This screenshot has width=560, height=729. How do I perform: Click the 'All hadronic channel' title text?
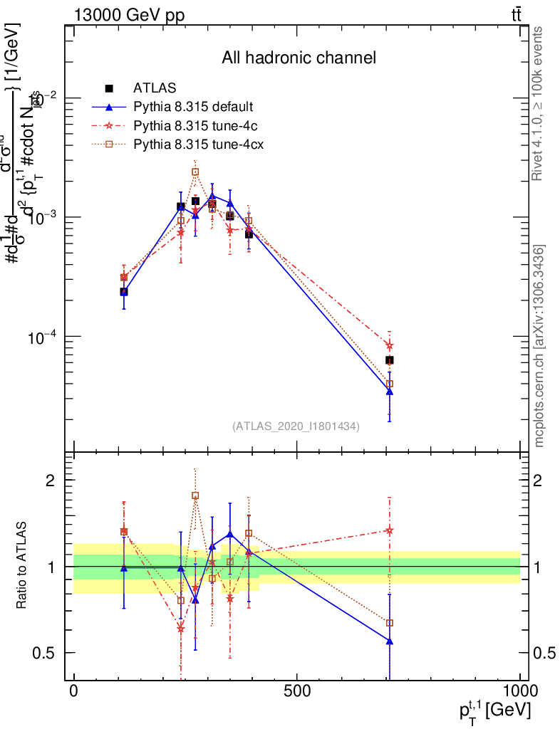[298, 58]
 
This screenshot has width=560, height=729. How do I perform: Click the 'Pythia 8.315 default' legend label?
[194, 107]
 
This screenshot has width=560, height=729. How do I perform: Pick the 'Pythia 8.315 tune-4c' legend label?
[194, 126]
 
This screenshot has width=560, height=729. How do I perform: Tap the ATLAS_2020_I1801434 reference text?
[296, 426]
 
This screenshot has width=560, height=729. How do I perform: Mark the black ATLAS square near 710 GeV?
[390, 360]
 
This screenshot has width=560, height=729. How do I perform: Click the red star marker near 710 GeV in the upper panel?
[390, 345]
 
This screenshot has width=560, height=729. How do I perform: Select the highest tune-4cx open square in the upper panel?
[195, 172]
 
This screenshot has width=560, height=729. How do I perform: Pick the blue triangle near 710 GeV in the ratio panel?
[390, 641]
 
